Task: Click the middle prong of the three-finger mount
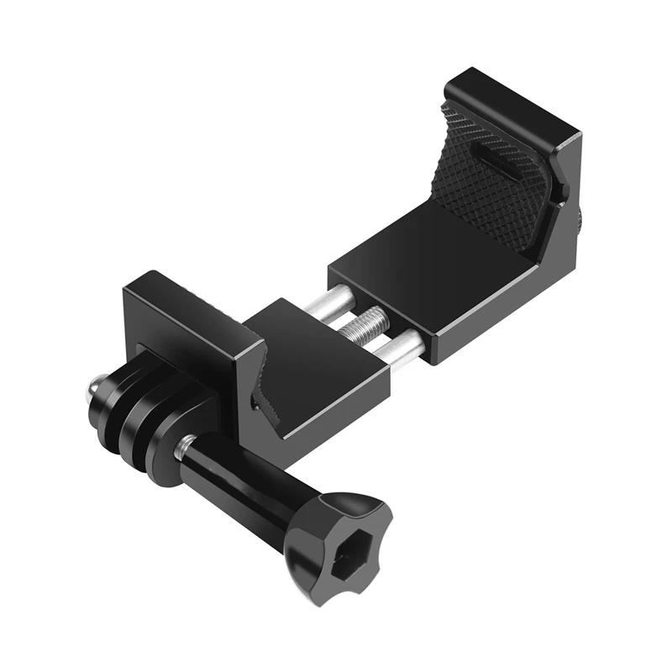134,411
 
